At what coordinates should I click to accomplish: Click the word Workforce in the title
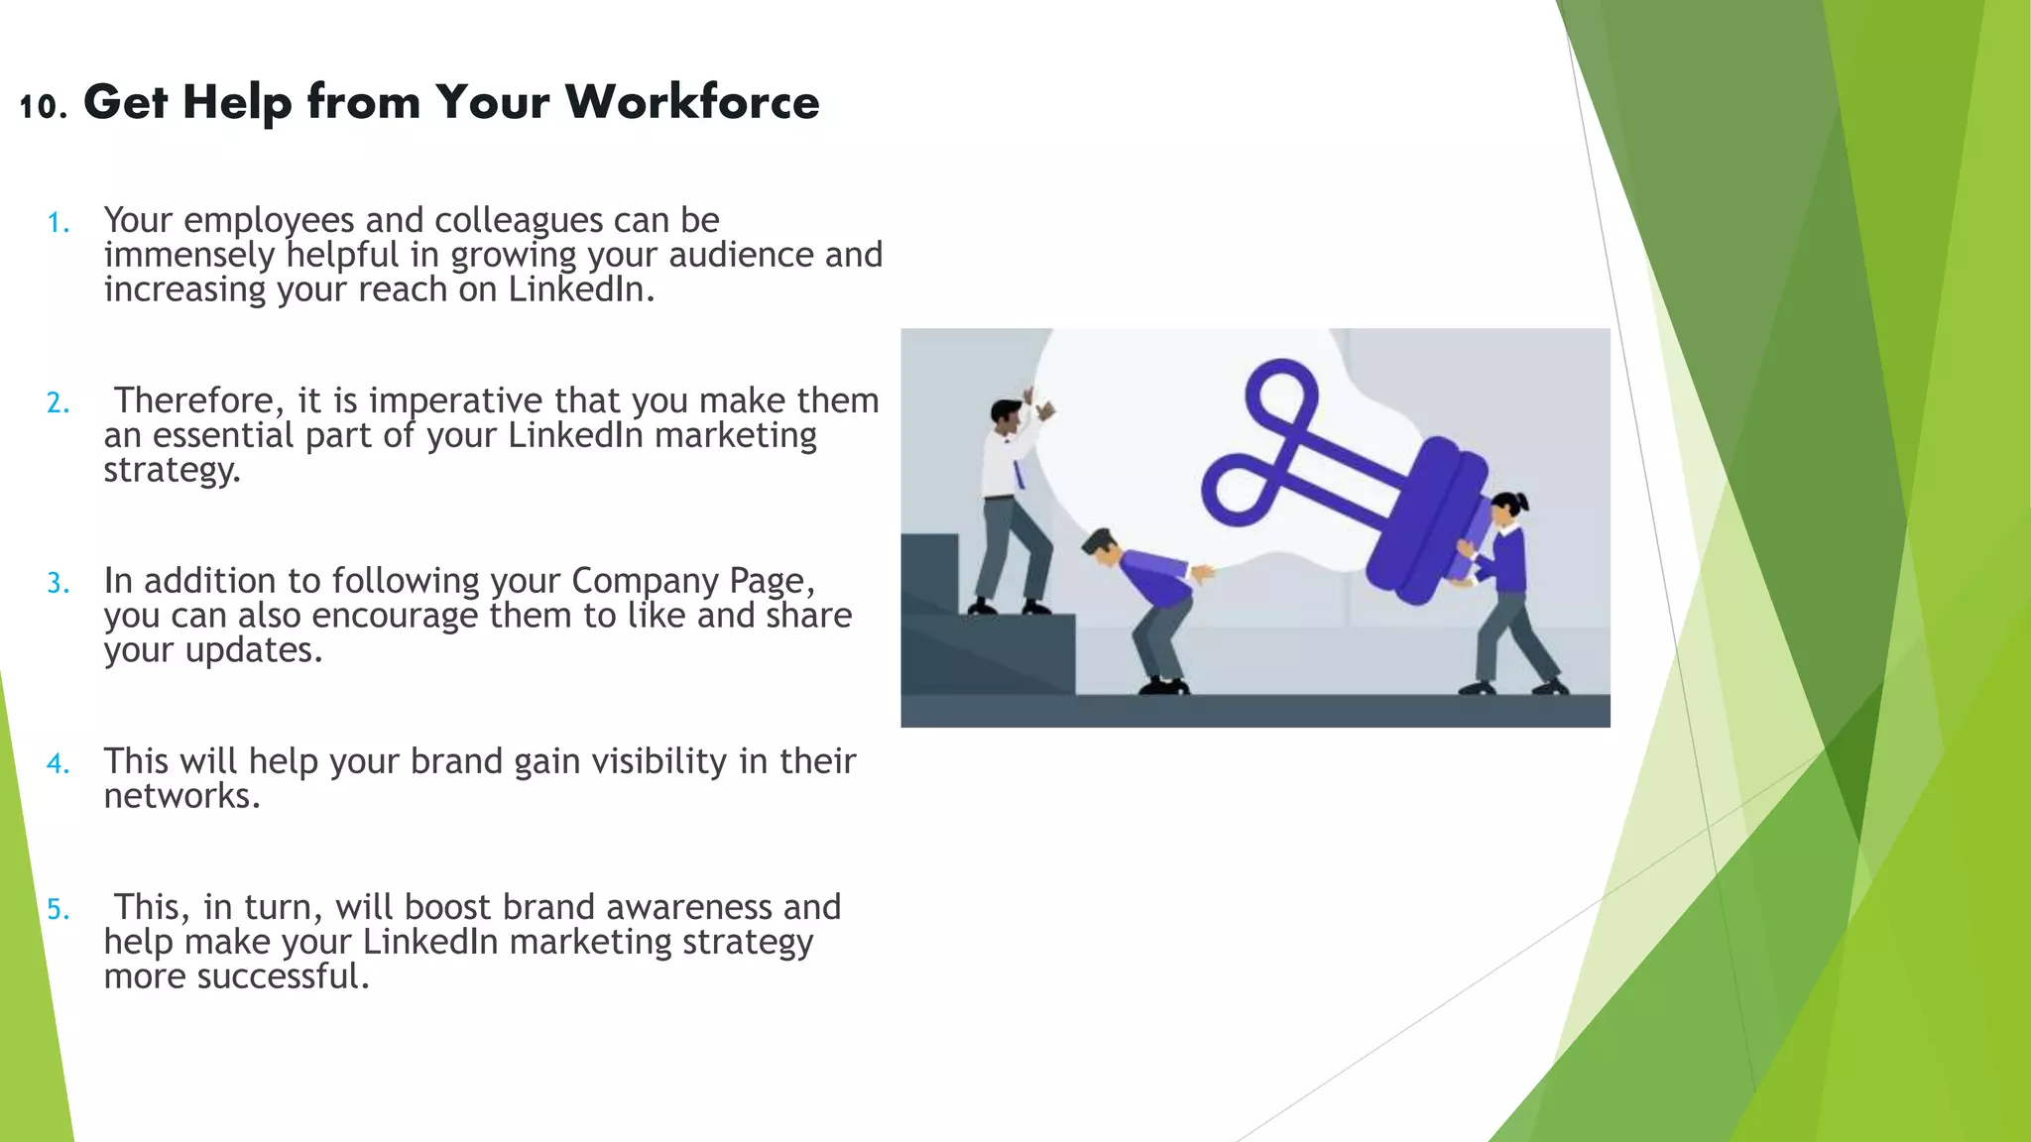point(692,102)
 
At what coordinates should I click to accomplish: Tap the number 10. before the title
point(43,106)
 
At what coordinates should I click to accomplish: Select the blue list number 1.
point(59,222)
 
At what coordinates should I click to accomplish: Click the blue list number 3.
point(59,583)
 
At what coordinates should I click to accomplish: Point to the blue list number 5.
point(59,909)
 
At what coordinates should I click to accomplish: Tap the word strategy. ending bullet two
point(173,470)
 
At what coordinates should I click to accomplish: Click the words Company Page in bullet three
point(692,581)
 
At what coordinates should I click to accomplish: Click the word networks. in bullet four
point(181,796)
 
